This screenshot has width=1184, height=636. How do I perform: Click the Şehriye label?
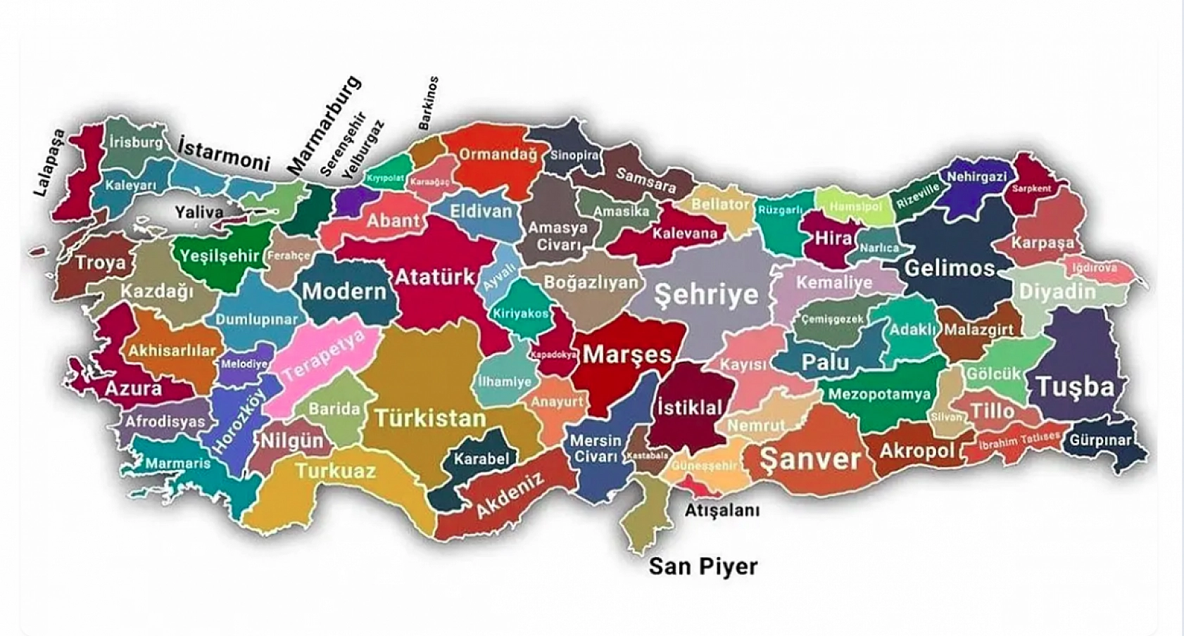tap(706, 294)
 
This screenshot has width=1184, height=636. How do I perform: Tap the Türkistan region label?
tap(430, 419)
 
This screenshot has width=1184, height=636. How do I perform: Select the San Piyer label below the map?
tap(703, 566)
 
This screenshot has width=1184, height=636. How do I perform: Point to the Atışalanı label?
tap(722, 510)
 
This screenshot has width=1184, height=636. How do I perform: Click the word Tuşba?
tap(1075, 386)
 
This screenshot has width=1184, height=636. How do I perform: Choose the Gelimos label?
tap(949, 268)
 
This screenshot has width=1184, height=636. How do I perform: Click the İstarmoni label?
tap(224, 153)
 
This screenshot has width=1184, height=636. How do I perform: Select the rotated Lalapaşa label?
tap(50, 163)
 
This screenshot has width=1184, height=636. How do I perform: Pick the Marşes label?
tap(627, 354)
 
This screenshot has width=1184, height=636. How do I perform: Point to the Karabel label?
tap(481, 459)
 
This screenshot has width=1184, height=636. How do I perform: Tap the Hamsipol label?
tap(855, 207)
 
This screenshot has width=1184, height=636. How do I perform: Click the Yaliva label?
tap(199, 212)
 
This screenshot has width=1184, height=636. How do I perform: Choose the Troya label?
tap(101, 263)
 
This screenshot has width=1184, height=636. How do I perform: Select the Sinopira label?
tap(574, 155)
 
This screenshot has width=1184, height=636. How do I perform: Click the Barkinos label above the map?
tap(428, 103)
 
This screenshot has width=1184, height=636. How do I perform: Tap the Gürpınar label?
tap(1100, 441)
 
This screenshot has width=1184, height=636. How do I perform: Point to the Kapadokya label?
tap(553, 355)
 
